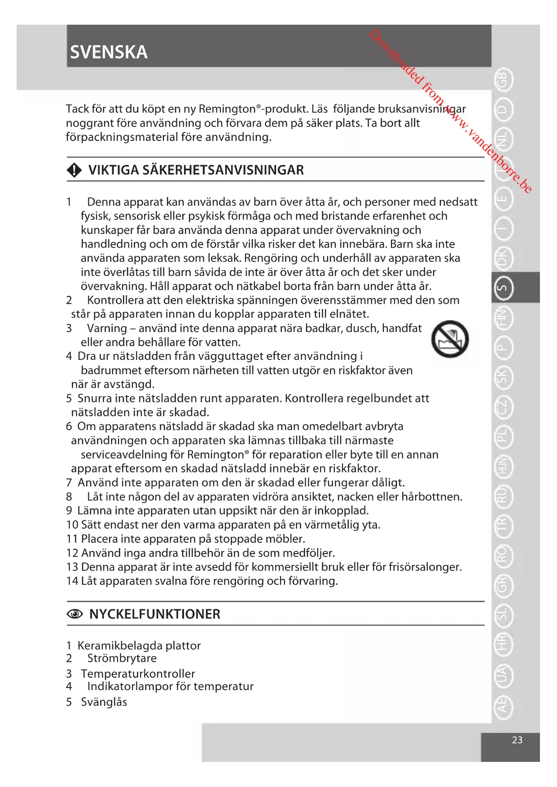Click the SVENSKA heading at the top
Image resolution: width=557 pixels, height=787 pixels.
(x=109, y=52)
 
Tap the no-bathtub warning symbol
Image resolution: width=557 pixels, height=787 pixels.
(x=450, y=339)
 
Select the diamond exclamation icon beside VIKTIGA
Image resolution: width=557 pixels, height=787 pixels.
(x=74, y=170)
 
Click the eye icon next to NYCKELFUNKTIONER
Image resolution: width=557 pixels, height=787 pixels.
(x=75, y=614)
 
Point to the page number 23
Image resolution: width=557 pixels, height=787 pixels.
(x=517, y=740)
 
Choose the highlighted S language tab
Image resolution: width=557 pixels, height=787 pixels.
(x=503, y=288)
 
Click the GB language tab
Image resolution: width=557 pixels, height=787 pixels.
(x=503, y=80)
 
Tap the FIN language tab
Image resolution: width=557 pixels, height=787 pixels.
(x=503, y=318)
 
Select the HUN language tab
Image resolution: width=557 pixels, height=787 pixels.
(x=503, y=467)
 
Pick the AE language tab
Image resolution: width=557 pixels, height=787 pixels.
(x=503, y=705)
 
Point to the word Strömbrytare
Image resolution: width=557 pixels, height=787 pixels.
(x=122, y=658)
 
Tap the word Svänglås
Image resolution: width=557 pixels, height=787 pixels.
(x=104, y=702)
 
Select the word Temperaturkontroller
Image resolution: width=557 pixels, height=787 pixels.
(x=138, y=673)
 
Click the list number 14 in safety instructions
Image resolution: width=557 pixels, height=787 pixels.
(x=72, y=581)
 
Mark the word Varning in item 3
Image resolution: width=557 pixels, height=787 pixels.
(x=106, y=328)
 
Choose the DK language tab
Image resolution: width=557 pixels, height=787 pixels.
(x=503, y=258)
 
